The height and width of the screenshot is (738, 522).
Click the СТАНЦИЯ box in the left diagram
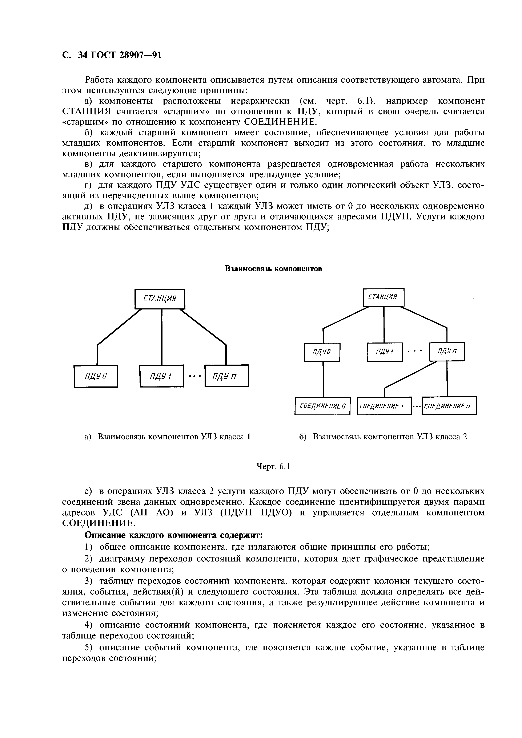click(x=160, y=299)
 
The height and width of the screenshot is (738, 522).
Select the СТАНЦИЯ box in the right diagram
click(x=383, y=297)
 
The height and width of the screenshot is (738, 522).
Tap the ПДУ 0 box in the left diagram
click(x=96, y=376)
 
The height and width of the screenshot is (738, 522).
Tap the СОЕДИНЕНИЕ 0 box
click(x=322, y=406)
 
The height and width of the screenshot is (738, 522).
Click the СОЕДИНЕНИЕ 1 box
click(x=384, y=406)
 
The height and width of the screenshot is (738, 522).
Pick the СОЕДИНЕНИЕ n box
click(x=449, y=406)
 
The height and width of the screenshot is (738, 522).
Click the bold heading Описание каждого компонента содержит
click(x=174, y=535)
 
